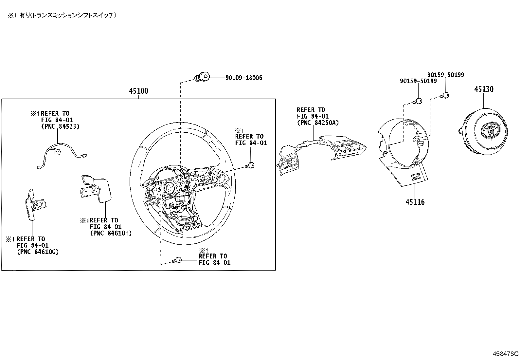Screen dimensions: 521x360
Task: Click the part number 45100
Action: pos(138,91)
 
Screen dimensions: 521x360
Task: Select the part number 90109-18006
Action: pos(244,78)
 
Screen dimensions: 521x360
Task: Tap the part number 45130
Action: pos(484,89)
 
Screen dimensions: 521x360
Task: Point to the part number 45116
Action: pos(415,202)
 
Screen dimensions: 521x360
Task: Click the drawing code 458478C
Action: pos(505,354)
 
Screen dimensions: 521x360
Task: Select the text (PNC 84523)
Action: pos(60,126)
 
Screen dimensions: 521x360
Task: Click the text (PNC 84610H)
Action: pos(111,233)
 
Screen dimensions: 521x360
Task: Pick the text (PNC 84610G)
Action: pos(38,252)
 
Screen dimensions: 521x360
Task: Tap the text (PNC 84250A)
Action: pos(318,123)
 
